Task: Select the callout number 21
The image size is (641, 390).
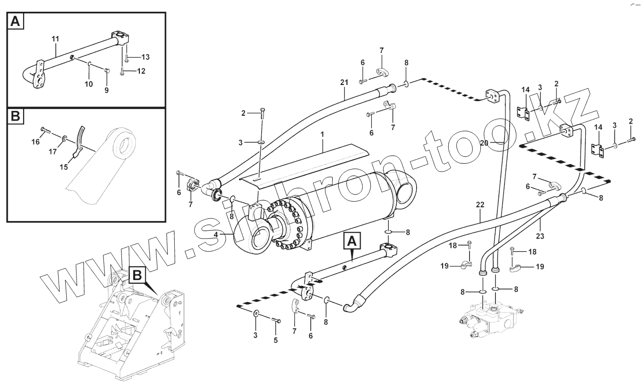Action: pos(343,83)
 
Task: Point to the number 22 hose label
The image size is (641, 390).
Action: pos(480,205)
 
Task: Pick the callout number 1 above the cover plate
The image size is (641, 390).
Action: pos(322,135)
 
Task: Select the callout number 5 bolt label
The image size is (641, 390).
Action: pos(276,339)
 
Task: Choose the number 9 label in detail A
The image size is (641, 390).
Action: pos(106,90)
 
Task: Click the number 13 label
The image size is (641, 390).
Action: pos(145,57)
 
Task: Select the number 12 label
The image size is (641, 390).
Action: pos(141,71)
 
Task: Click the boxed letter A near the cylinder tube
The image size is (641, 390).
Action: pos(351,242)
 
